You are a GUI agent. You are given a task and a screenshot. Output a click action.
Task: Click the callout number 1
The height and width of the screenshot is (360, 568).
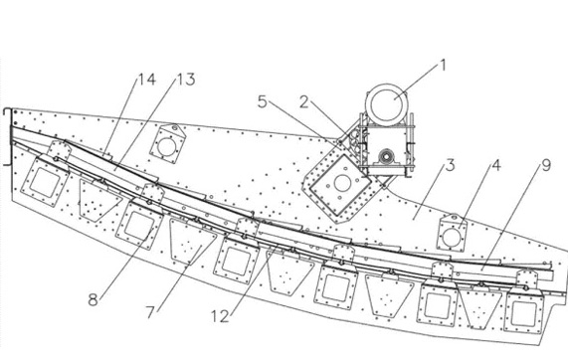coord(443,66)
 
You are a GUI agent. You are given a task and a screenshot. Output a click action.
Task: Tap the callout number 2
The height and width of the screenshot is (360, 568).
coord(304,102)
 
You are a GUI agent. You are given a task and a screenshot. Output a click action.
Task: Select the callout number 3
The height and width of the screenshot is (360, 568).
coord(450,165)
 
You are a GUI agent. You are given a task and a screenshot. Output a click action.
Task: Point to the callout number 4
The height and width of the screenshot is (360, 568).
coord(496,165)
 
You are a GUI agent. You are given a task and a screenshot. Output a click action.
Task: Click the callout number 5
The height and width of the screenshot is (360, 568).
coord(263,101)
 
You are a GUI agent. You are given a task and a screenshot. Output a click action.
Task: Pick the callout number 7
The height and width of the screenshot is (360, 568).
coord(150,312)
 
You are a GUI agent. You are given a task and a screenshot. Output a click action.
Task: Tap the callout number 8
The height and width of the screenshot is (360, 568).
coord(94,300)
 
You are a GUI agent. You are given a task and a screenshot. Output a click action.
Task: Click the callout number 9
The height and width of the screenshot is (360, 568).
coord(546,165)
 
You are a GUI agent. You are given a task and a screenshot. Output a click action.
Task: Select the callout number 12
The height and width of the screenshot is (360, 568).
coord(220,316)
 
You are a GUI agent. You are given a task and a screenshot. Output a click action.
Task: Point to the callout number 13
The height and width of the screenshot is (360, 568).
coord(186,80)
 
